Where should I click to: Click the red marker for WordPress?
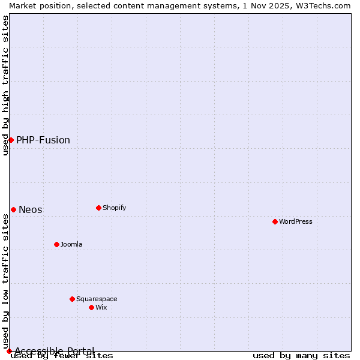coord(275,221)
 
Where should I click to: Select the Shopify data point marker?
coord(98,208)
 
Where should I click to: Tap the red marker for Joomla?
coord(56,244)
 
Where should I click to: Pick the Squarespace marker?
coord(72,299)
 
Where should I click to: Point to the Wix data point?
coord(91,307)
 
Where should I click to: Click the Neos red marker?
coord(13,209)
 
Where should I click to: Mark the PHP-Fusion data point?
coord(11,140)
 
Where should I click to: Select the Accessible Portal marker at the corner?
coord(9,351)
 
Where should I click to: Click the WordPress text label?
coord(296,221)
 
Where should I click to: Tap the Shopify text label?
coord(114,208)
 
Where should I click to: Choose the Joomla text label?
coord(71,244)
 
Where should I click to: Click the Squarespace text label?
coord(97,299)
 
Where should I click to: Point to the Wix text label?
coord(101,307)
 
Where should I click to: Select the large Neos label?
coord(31,209)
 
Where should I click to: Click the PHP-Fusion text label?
coord(43,140)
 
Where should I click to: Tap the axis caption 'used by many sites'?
coord(301,355)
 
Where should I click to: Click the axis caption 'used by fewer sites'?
coord(62,355)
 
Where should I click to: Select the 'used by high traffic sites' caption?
coord(5,85)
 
